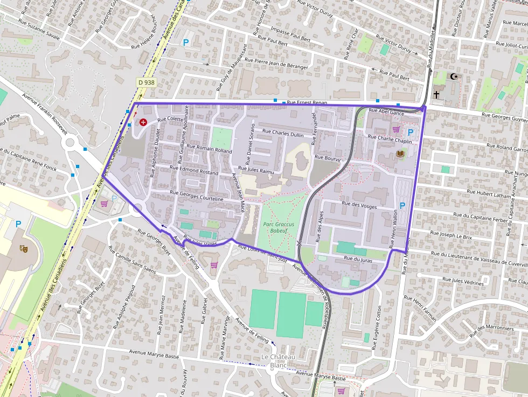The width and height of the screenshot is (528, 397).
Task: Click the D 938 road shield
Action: [145, 82]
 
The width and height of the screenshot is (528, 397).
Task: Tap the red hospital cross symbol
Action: [143, 122]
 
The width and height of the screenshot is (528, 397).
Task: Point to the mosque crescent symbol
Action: [455, 76]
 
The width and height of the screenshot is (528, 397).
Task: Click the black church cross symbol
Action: [436, 94]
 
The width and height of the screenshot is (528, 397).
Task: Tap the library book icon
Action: [400, 154]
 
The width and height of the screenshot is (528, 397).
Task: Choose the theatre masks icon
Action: [24, 248]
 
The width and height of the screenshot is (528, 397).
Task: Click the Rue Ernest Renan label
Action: [307, 102]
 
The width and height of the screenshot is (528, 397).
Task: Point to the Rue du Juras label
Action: [356, 259]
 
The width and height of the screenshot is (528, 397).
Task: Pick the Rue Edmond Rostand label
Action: [194, 172]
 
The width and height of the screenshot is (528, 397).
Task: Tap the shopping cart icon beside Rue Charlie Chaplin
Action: [397, 129]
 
